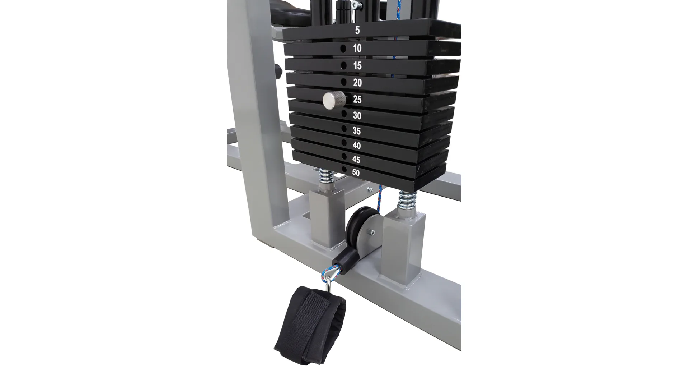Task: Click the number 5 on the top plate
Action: pos(357,30)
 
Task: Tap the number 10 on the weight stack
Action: pos(357,48)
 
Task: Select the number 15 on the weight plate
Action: pos(357,66)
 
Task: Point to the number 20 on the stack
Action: pos(357,83)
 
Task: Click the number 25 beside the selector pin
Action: pos(357,100)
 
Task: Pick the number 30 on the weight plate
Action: pos(357,116)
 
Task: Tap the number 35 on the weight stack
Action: pos(356,131)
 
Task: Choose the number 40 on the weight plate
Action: pos(357,146)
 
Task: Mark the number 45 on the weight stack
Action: pos(356,160)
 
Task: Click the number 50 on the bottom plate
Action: pos(356,172)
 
